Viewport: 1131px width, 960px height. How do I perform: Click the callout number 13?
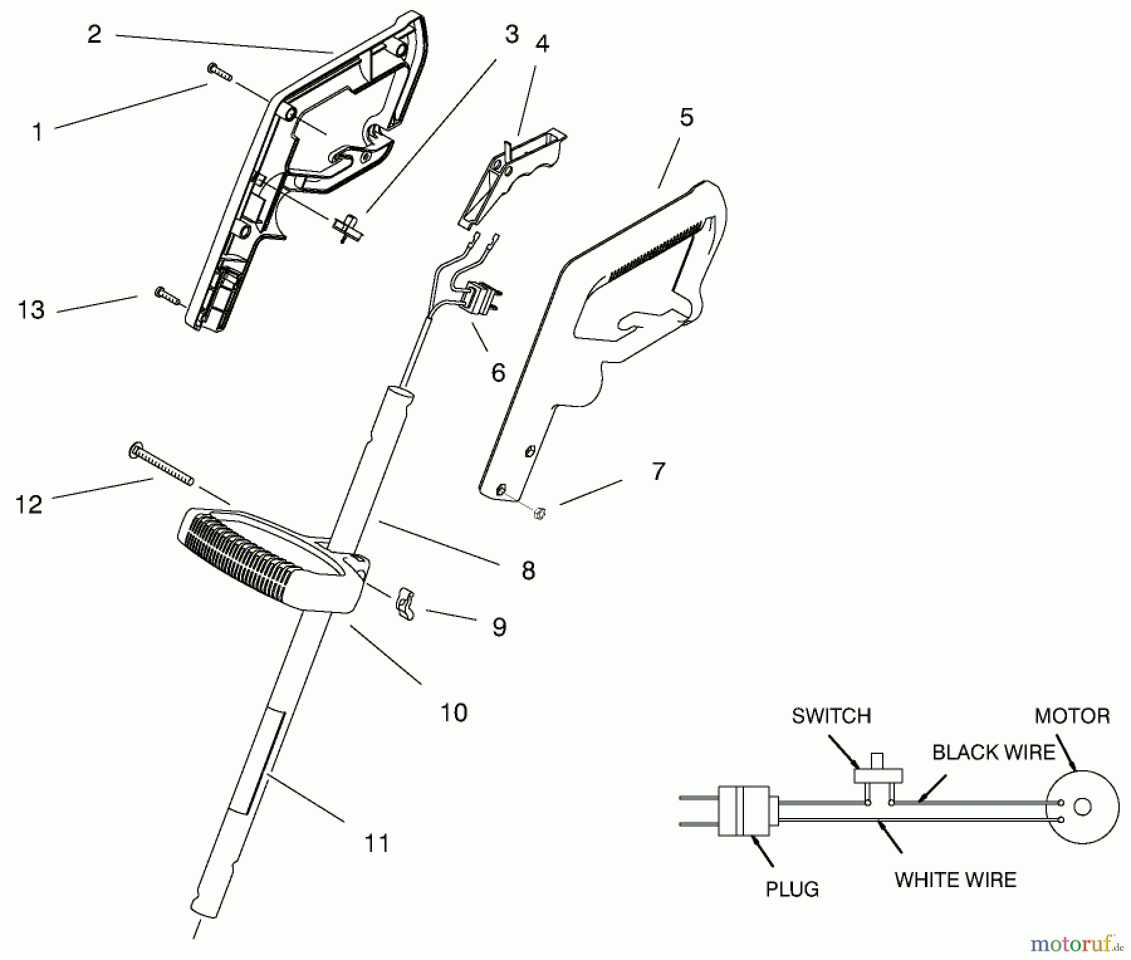[x=31, y=310]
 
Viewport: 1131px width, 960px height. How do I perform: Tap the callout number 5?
[x=686, y=117]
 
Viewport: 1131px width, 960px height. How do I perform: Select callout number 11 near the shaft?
[x=377, y=843]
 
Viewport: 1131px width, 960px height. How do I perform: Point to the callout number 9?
[x=500, y=626]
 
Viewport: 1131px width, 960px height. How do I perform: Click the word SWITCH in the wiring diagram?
[x=831, y=716]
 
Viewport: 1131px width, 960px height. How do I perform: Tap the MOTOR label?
[x=1072, y=716]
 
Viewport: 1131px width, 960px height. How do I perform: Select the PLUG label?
[x=792, y=890]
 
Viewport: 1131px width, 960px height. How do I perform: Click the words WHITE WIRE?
[x=955, y=880]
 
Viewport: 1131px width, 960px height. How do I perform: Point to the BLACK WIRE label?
[x=993, y=752]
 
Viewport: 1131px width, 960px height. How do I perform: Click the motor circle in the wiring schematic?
[x=1082, y=807]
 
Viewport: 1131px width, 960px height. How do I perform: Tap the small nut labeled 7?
[x=538, y=514]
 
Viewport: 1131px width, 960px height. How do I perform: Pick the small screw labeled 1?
[x=219, y=72]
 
